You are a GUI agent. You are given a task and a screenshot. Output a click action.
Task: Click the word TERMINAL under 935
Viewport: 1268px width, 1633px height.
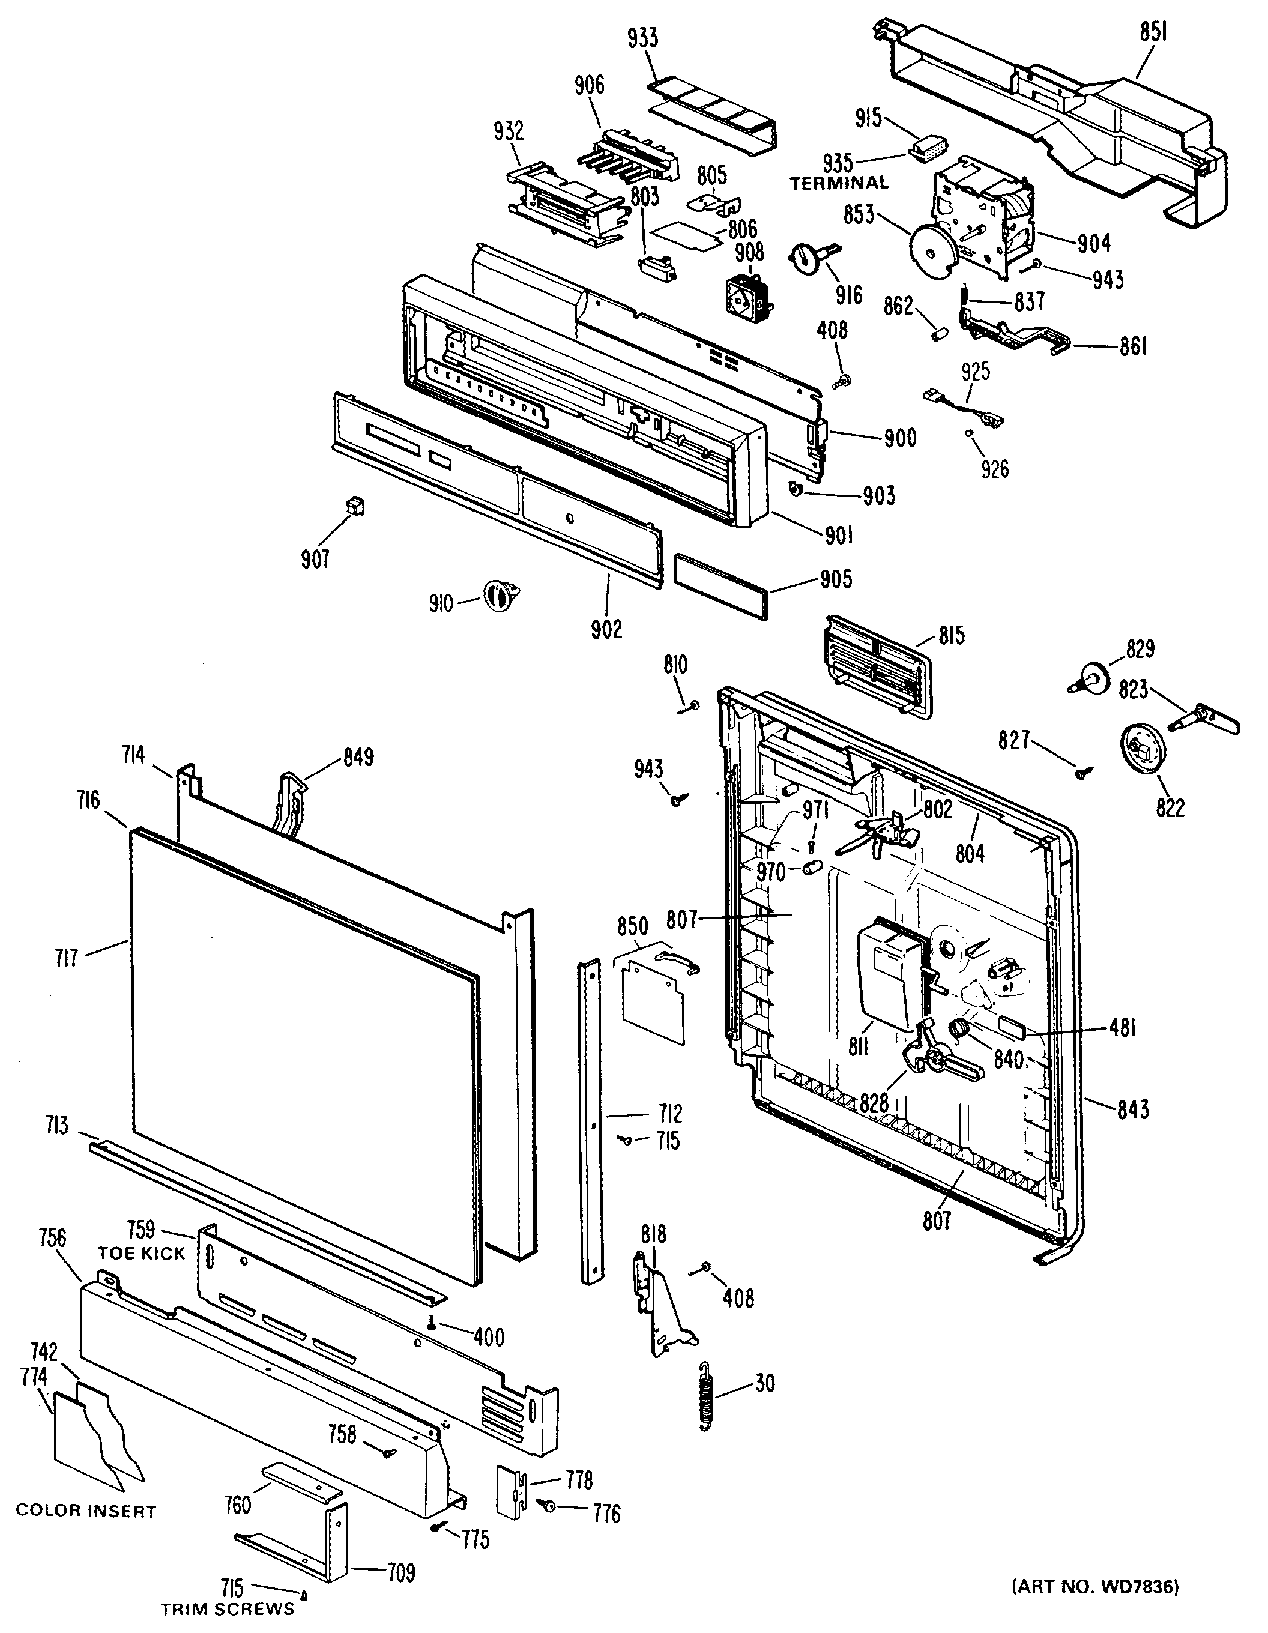pos(839,182)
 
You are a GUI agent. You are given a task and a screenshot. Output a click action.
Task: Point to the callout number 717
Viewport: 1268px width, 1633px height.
pos(67,958)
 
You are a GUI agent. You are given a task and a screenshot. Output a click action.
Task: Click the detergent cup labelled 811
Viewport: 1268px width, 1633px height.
pos(892,970)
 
